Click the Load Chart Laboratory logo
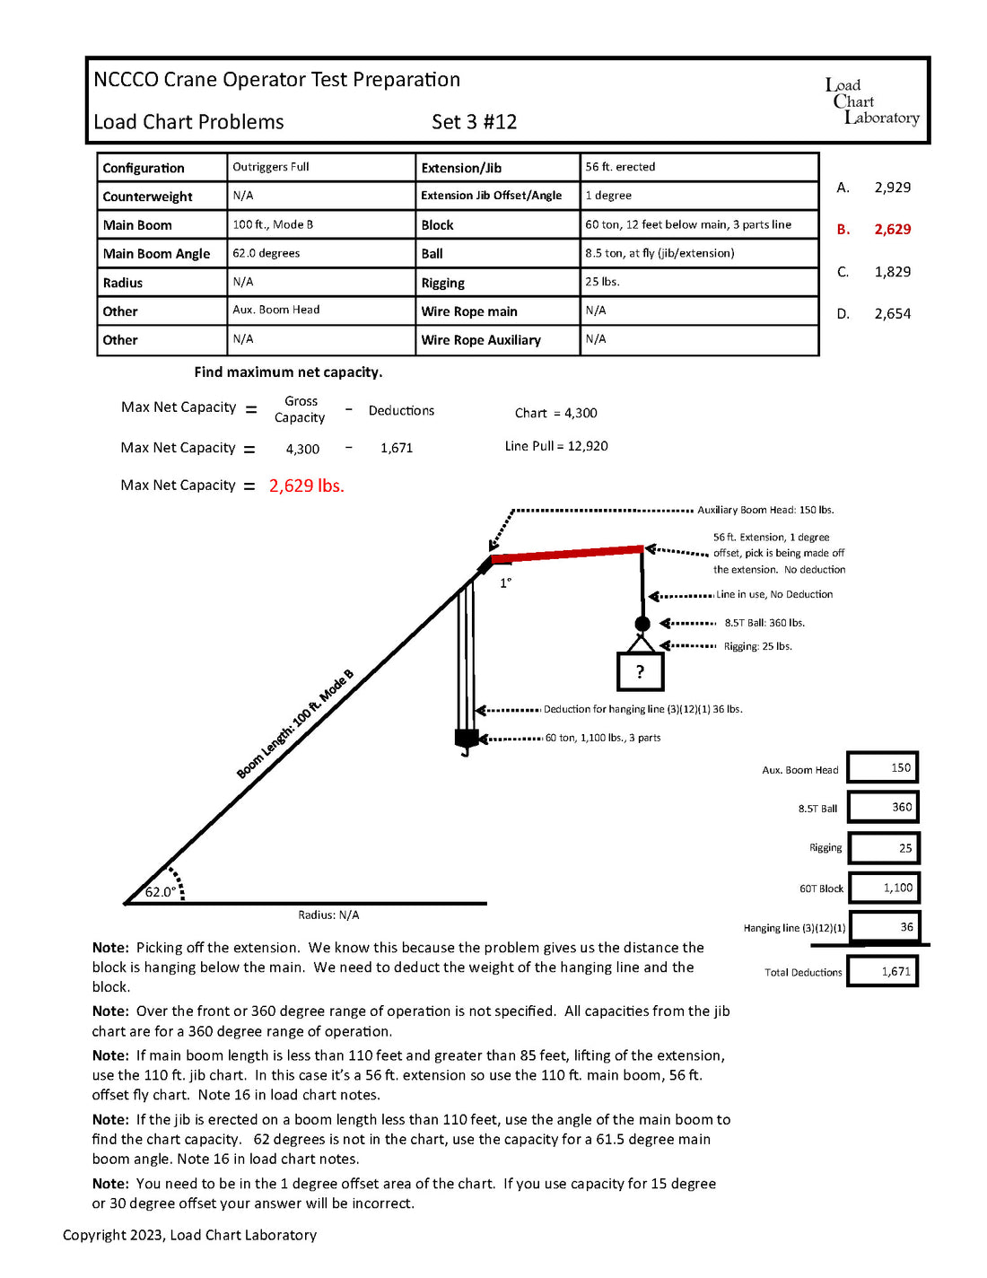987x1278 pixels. [x=871, y=101]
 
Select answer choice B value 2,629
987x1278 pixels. [x=892, y=230]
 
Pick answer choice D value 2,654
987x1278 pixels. [x=892, y=314]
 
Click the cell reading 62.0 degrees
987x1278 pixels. [x=266, y=253]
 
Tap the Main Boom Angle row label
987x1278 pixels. [x=156, y=254]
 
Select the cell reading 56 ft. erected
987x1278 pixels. [x=620, y=167]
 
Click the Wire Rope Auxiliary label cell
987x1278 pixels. [x=481, y=340]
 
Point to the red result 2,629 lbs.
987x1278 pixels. [x=306, y=486]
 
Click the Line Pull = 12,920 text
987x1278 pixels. [x=556, y=446]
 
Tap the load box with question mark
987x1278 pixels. [x=641, y=671]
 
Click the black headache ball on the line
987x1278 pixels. [x=642, y=624]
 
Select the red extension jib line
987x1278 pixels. [x=567, y=554]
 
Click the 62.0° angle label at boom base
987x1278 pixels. [x=161, y=891]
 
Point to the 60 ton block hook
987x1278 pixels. [x=466, y=741]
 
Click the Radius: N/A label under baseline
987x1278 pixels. [x=328, y=915]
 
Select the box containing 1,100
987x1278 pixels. [x=884, y=888]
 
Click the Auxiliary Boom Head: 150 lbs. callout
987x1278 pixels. [x=765, y=510]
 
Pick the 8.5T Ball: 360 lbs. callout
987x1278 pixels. [x=764, y=623]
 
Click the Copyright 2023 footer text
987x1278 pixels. [x=189, y=1235]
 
